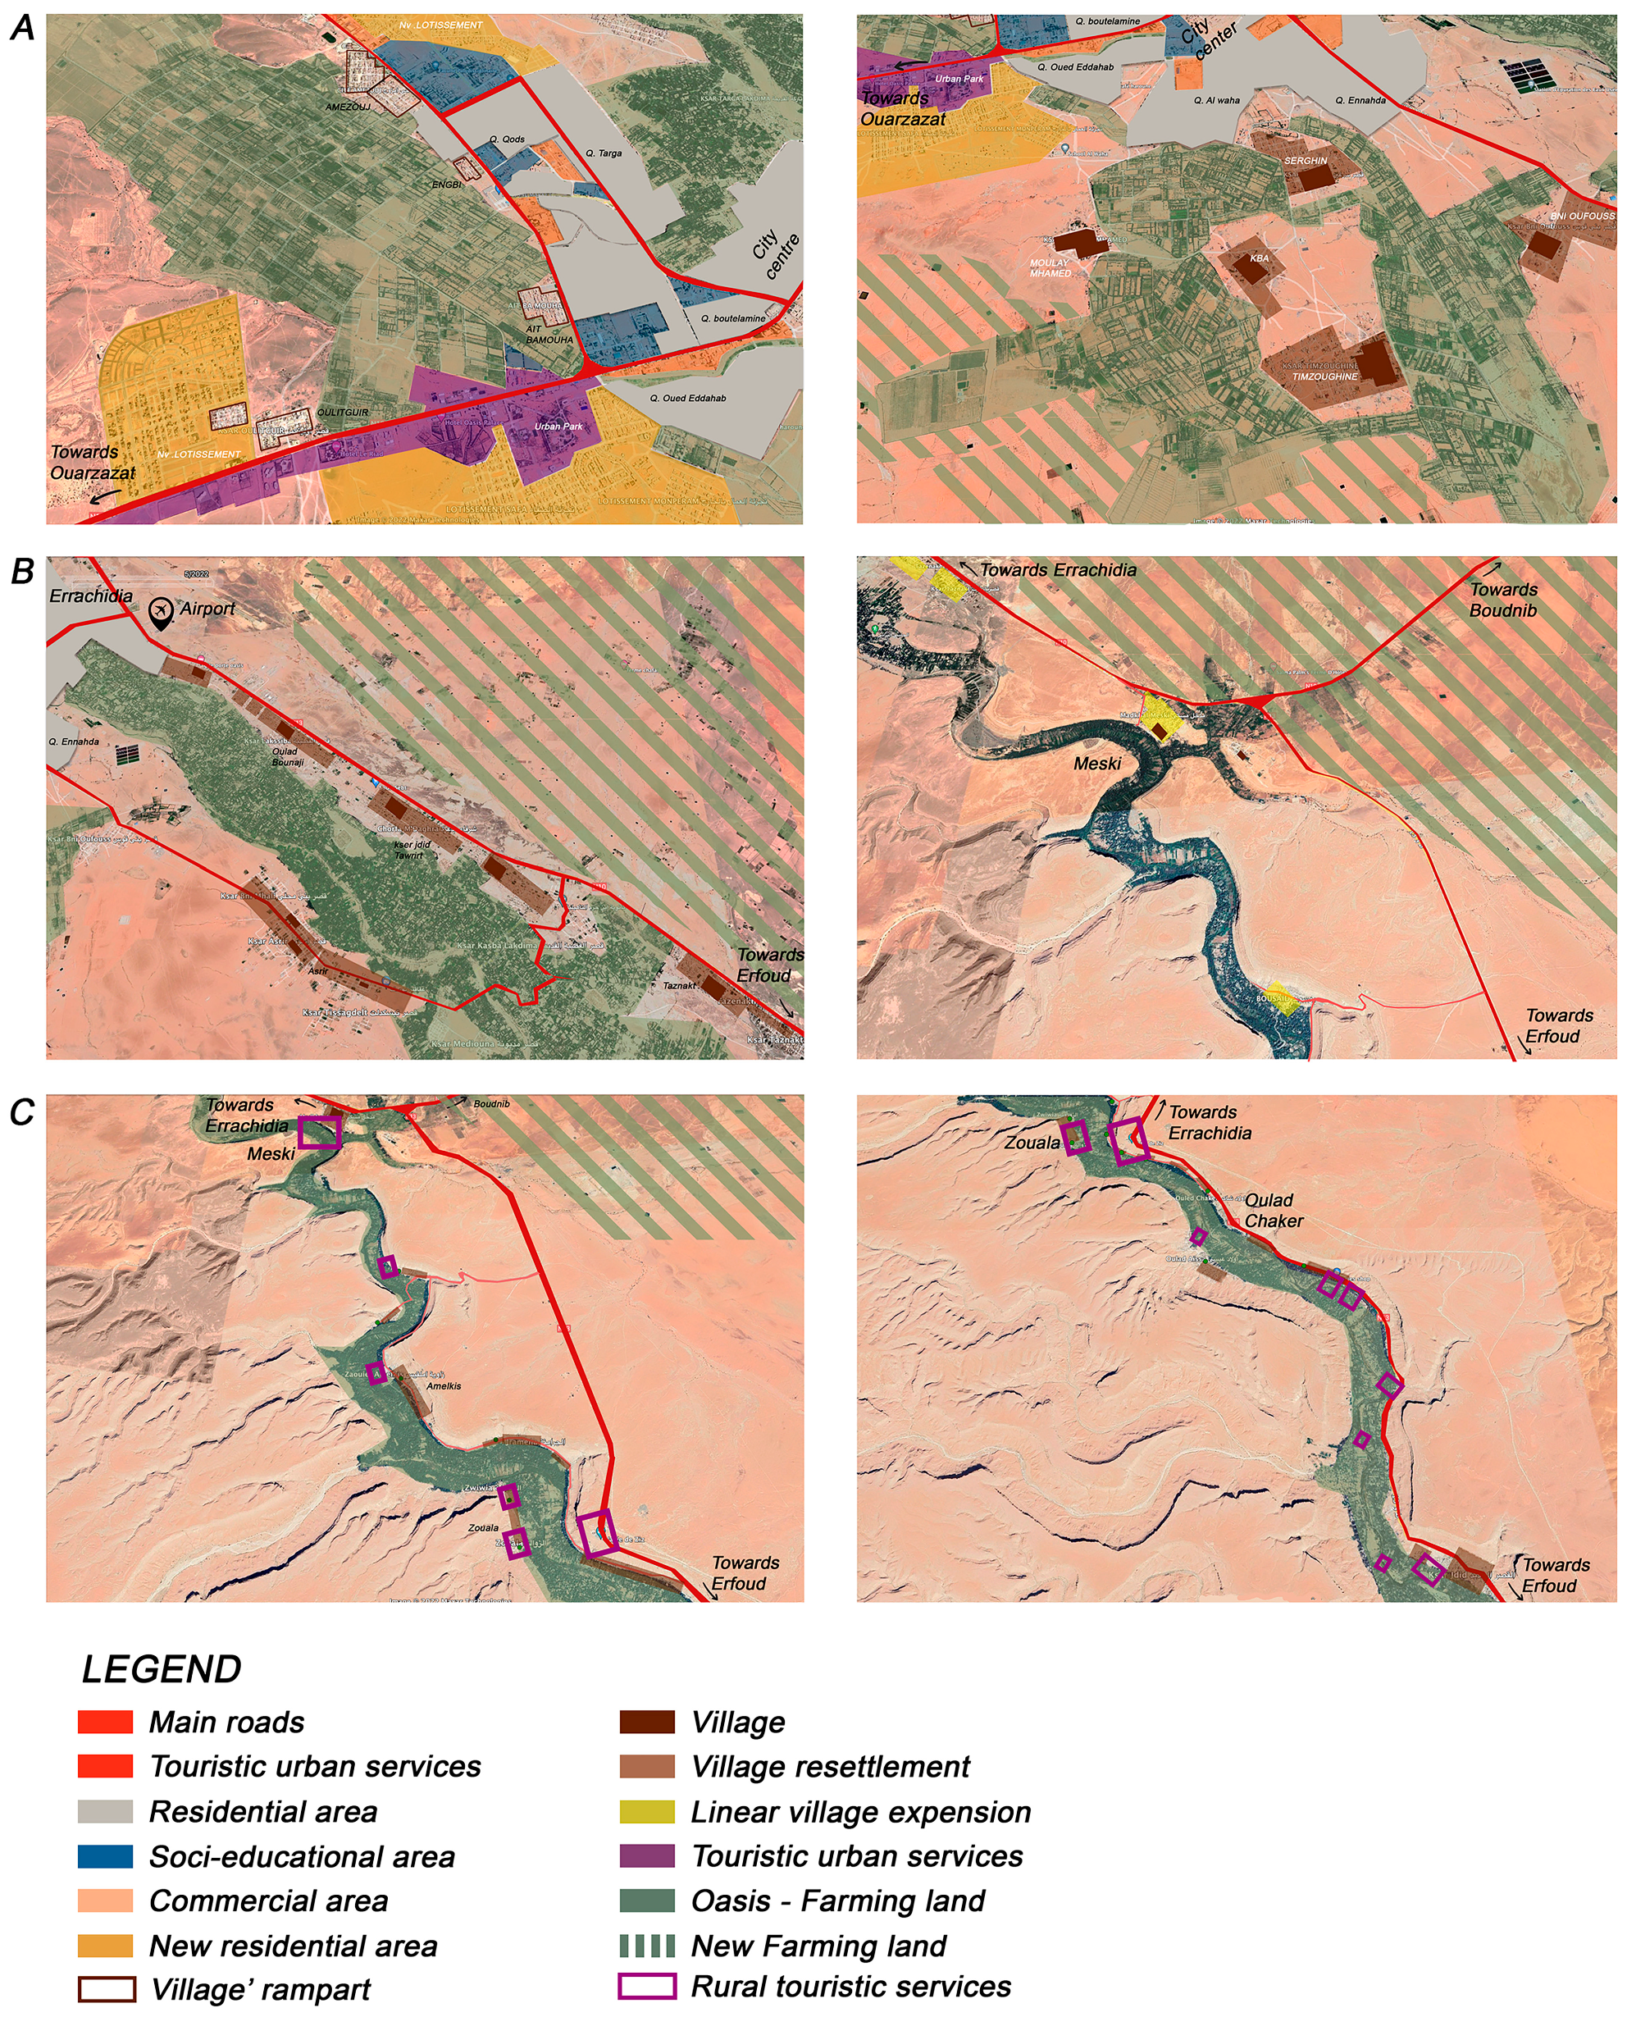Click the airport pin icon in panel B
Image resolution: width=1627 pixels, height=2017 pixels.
[x=162, y=611]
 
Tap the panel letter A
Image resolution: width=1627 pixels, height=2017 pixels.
[x=22, y=28]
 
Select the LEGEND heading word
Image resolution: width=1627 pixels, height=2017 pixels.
[x=162, y=1669]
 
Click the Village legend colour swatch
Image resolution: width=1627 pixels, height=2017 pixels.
[x=647, y=1722]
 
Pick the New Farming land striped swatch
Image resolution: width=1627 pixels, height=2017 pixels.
[x=647, y=1946]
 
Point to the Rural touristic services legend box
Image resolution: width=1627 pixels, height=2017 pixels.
[x=647, y=1986]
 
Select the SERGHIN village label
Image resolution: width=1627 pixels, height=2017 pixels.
[x=1305, y=162]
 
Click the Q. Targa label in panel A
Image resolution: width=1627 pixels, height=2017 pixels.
[x=603, y=153]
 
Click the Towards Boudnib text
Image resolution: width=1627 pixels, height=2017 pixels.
[x=1502, y=600]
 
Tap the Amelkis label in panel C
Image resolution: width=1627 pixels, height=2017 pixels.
[x=444, y=1385]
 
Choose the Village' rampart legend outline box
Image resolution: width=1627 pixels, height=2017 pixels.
[x=106, y=1989]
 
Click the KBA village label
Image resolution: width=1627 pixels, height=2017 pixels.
[x=1259, y=258]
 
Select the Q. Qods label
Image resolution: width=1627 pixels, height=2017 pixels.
[x=506, y=139]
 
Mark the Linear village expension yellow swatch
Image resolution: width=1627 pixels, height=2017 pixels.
[x=647, y=1812]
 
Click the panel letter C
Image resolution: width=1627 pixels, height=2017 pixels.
[x=22, y=1112]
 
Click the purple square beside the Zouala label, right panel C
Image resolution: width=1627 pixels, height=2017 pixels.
[x=1077, y=1137]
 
